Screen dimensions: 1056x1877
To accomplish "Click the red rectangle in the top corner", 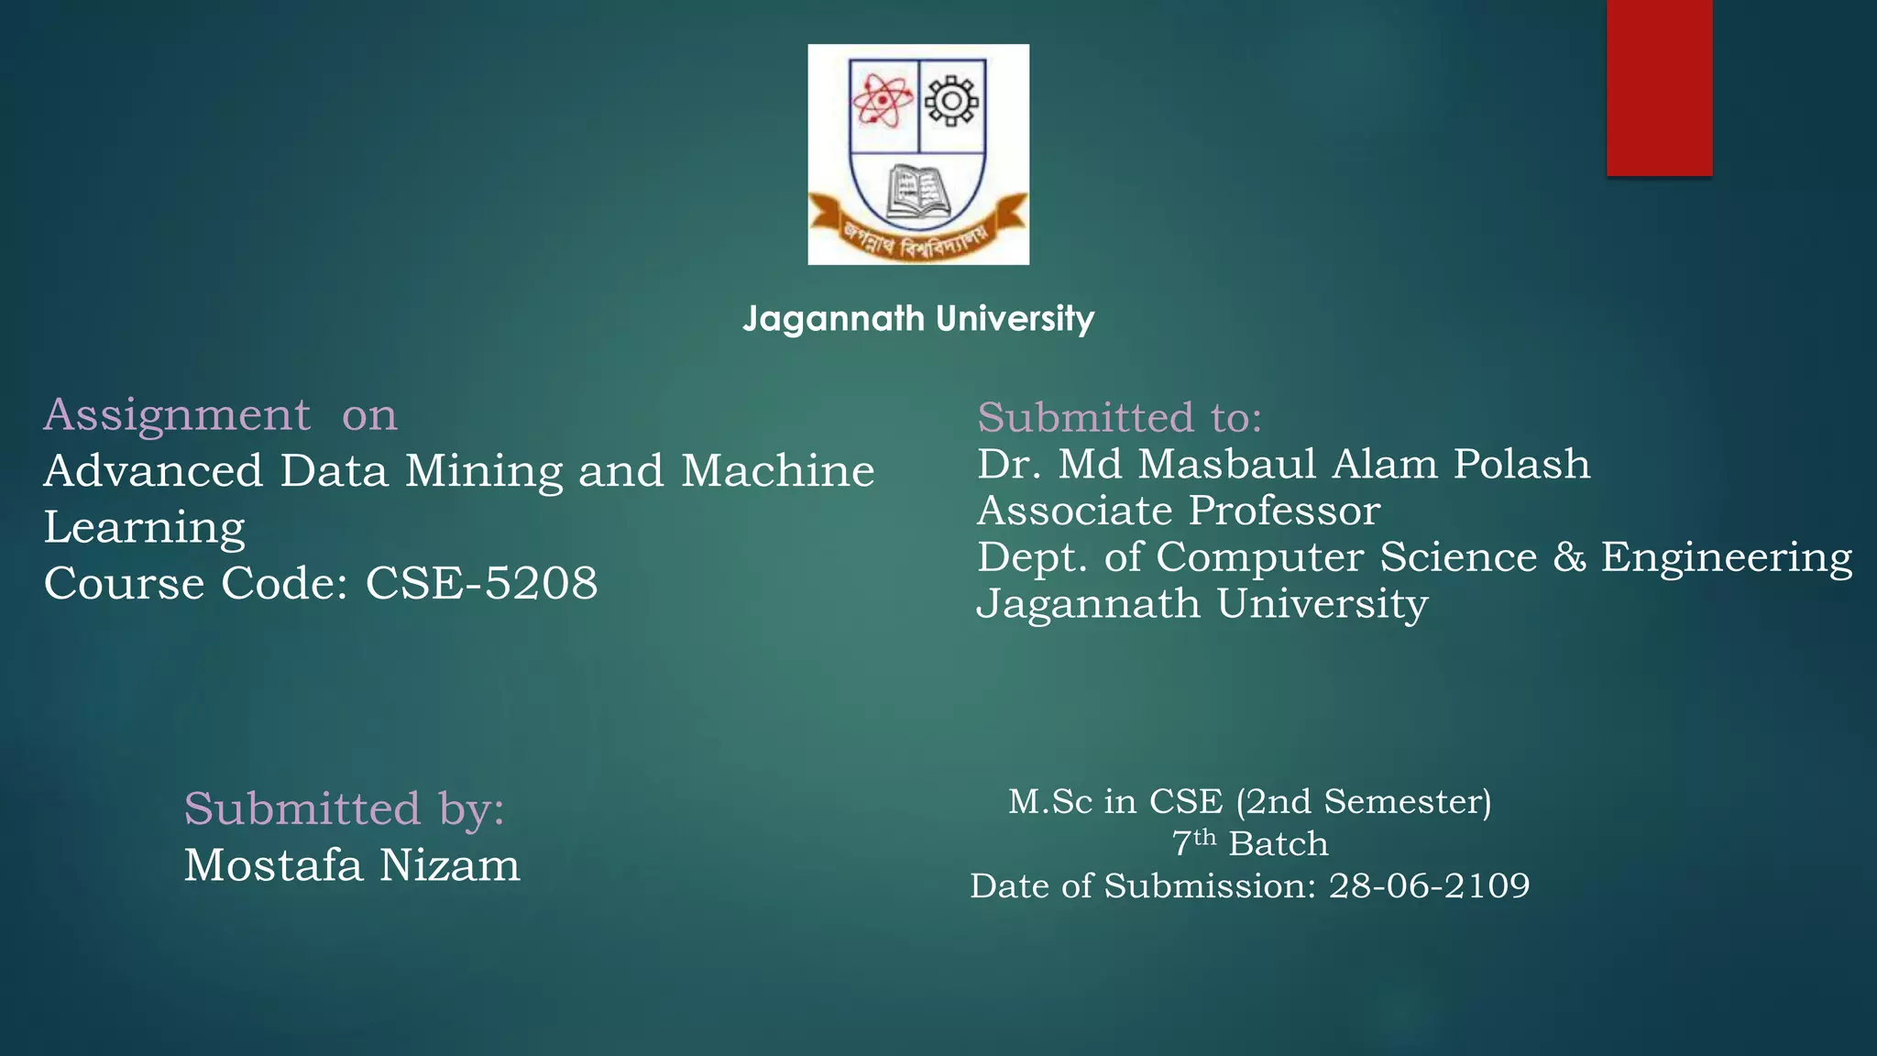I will [1659, 87].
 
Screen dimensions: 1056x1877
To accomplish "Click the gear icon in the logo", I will [952, 99].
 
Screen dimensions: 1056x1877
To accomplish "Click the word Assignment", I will [177, 415].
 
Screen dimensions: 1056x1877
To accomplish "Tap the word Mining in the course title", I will [485, 471].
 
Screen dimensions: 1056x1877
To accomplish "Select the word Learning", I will [145, 528].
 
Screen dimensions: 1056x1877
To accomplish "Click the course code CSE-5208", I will [481, 583].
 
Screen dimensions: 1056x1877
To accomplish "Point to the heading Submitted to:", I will [1119, 418].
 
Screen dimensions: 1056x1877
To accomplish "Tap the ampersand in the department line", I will [1569, 557].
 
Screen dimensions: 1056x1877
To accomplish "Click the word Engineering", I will [1727, 558].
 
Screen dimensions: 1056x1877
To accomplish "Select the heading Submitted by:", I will [344, 809].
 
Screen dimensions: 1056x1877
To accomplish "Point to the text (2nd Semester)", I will [1363, 802].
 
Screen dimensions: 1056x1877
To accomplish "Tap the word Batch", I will [1279, 843].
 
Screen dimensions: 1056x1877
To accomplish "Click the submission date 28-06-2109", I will [1429, 885].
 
